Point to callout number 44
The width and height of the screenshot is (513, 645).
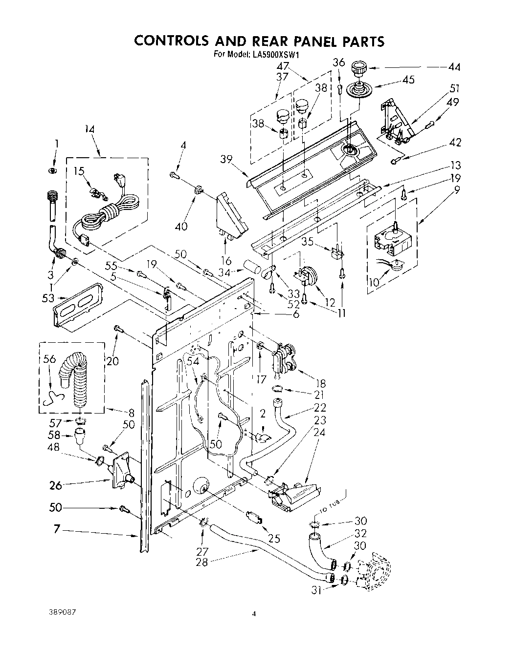point(453,66)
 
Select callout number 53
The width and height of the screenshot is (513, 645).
point(48,298)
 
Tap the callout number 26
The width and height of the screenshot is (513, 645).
point(56,485)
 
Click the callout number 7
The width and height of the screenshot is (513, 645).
point(57,529)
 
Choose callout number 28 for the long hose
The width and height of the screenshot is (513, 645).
point(201,562)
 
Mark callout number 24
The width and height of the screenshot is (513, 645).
point(319,432)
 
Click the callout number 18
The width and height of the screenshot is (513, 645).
point(321,384)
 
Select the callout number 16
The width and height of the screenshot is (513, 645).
point(226,259)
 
